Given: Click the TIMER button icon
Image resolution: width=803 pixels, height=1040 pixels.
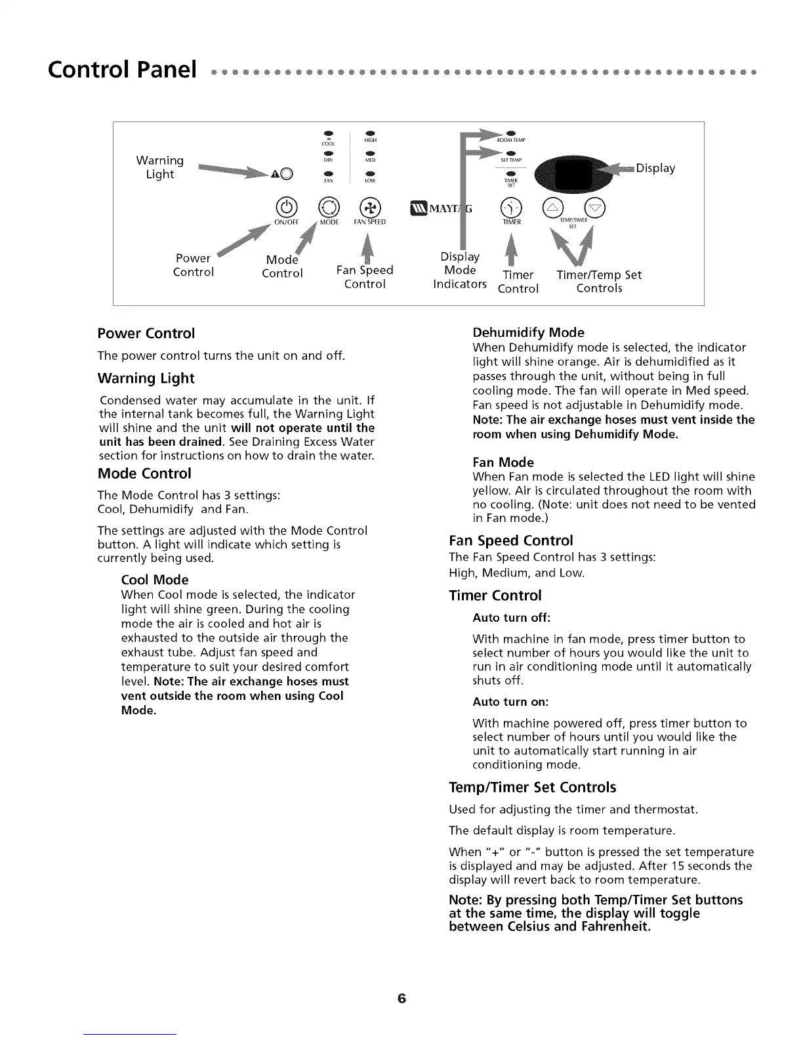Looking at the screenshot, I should point(512,207).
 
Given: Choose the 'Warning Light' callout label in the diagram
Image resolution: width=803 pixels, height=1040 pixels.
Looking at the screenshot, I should point(159,167).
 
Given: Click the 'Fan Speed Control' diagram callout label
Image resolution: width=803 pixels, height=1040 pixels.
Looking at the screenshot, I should point(364,276).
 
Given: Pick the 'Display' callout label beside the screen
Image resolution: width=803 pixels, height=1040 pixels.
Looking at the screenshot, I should point(655,168).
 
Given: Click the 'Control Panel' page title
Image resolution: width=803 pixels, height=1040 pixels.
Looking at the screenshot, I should point(122,68).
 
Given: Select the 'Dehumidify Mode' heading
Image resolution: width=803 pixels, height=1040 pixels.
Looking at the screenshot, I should point(528,332).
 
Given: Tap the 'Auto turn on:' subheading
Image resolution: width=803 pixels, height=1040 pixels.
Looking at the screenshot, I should point(510,702).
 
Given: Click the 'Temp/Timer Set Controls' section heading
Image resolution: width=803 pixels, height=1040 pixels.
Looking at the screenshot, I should point(533,787).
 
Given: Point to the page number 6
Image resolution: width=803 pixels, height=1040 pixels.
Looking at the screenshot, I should point(401,999).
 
